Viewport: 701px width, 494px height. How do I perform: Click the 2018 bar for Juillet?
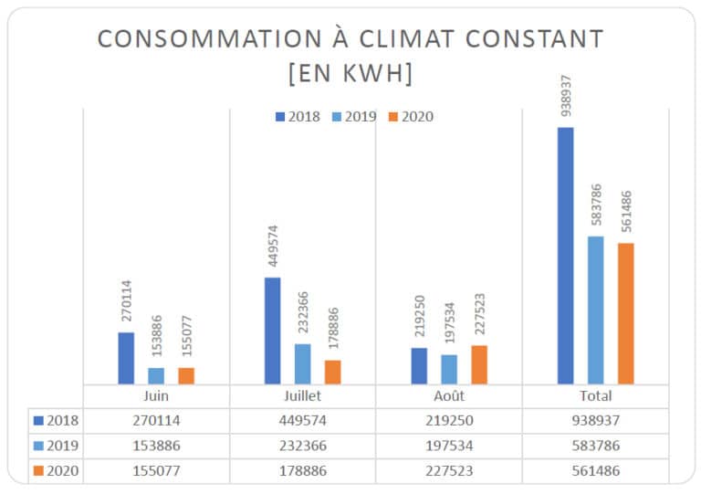click(x=273, y=331)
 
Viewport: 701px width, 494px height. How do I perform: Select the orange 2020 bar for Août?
click(x=479, y=364)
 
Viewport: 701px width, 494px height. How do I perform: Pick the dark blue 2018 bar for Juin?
click(x=126, y=358)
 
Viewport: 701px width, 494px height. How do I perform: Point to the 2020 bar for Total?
click(x=625, y=313)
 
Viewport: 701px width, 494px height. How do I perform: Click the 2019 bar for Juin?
click(x=156, y=375)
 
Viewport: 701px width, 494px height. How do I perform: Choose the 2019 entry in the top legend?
click(x=352, y=116)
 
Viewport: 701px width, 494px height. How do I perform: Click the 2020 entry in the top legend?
click(x=410, y=116)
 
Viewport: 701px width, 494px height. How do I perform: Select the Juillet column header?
click(x=302, y=397)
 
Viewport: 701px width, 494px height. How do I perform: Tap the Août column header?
click(x=448, y=397)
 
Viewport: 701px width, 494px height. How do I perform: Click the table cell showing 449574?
click(x=302, y=421)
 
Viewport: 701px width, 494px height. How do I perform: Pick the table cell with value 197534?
click(x=448, y=445)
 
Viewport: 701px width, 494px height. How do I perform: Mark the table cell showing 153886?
click(x=156, y=445)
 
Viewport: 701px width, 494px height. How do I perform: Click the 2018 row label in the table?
click(x=57, y=421)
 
